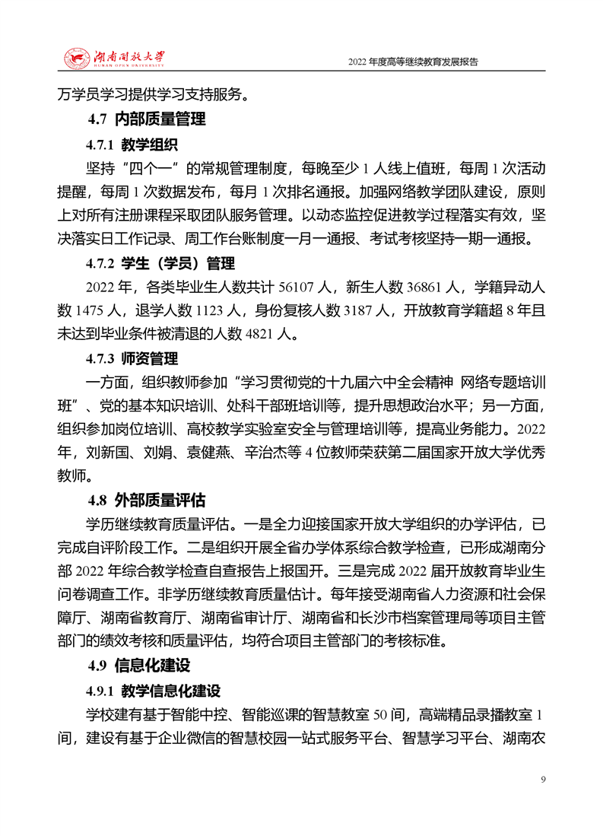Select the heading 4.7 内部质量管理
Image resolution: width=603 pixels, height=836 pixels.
click(147, 119)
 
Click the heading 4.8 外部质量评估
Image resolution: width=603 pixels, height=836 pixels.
click(147, 500)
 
